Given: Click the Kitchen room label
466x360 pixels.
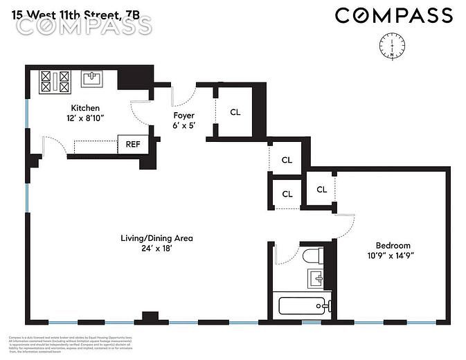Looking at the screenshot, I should pos(85,109).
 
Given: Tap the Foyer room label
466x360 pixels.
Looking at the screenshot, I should pos(183,116).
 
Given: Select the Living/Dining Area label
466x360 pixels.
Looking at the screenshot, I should pos(156,238).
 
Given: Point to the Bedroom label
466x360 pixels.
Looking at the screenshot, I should pos(393,245).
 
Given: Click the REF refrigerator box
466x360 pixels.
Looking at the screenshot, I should pos(132,145).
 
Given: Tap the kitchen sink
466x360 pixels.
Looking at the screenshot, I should pos(91,78).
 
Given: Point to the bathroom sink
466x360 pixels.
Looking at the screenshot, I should pos(316,279).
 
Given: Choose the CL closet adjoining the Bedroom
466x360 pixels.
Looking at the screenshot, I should pos(322,189).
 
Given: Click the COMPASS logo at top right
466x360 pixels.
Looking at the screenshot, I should pos(394,15).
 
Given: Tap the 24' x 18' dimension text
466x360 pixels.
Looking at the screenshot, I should pos(156,249).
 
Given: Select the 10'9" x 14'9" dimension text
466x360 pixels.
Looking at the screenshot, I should pos(393,255).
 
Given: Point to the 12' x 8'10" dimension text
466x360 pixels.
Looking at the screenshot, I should pos(85,119).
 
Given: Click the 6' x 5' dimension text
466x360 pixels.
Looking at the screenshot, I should pos(183,126).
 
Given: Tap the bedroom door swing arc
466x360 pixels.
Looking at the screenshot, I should pos(348,226).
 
